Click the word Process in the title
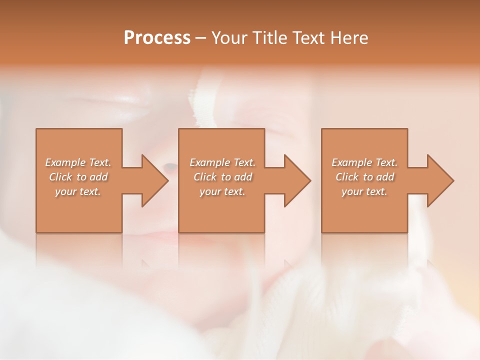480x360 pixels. tap(157, 38)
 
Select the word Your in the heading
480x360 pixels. tap(231, 38)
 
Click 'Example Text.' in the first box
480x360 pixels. tap(78, 162)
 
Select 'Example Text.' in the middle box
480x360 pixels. tap(222, 162)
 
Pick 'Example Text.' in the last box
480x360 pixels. tap(364, 162)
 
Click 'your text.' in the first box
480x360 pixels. tap(78, 191)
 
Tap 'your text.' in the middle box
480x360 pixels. tap(222, 191)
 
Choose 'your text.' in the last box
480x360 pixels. tap(364, 191)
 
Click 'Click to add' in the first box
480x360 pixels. tap(78, 177)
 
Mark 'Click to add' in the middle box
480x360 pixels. tap(222, 177)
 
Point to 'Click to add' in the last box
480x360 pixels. tap(364, 177)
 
